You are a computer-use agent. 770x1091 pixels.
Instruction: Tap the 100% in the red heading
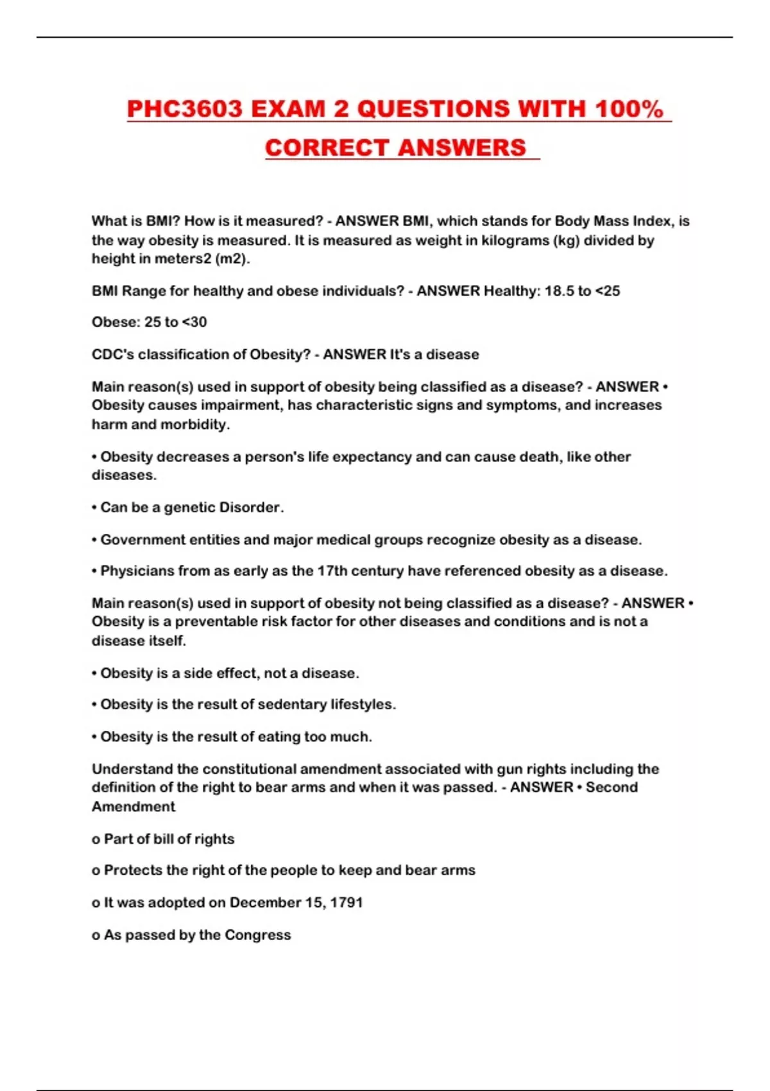(629, 109)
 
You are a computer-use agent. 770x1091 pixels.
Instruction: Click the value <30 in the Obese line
(194, 322)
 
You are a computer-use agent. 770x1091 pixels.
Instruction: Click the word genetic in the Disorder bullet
(189, 508)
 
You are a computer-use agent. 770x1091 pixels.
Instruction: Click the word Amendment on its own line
(133, 807)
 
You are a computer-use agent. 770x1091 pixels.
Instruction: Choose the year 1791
(346, 903)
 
